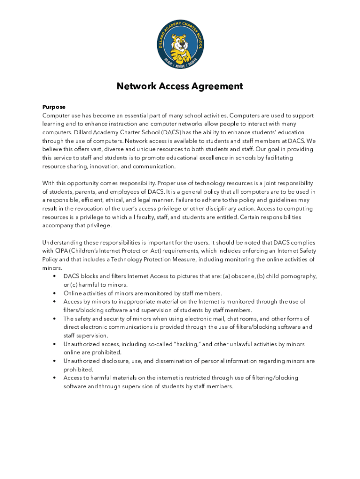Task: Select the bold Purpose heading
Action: (54, 107)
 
